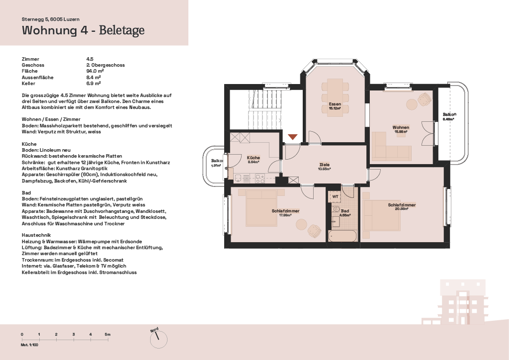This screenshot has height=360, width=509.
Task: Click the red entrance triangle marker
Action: click(293, 137)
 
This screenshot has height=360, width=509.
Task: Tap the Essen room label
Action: click(335, 104)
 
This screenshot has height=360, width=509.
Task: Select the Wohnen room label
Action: click(401, 127)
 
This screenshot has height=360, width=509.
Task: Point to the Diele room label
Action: click(324, 165)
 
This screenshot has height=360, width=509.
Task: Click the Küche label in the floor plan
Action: click(253, 158)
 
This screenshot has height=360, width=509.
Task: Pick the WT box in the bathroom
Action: click(336, 197)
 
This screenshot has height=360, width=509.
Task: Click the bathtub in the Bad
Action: click(342, 236)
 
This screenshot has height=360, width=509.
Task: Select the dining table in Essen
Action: click(336, 96)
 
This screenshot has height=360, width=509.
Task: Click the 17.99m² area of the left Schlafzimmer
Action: click(285, 215)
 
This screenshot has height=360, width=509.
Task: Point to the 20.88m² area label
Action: click(402, 209)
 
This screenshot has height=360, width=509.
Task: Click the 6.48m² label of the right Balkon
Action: click(448, 119)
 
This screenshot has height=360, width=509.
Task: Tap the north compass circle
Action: click(159, 340)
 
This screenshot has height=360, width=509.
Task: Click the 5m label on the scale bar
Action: click(107, 334)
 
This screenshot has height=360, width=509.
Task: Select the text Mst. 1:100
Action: click(29, 345)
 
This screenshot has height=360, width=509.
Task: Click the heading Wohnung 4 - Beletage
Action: click(83, 30)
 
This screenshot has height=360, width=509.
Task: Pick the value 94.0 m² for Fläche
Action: click(95, 71)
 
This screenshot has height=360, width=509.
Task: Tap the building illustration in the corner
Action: click(461, 302)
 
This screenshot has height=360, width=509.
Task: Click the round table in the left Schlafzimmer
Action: click(301, 224)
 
